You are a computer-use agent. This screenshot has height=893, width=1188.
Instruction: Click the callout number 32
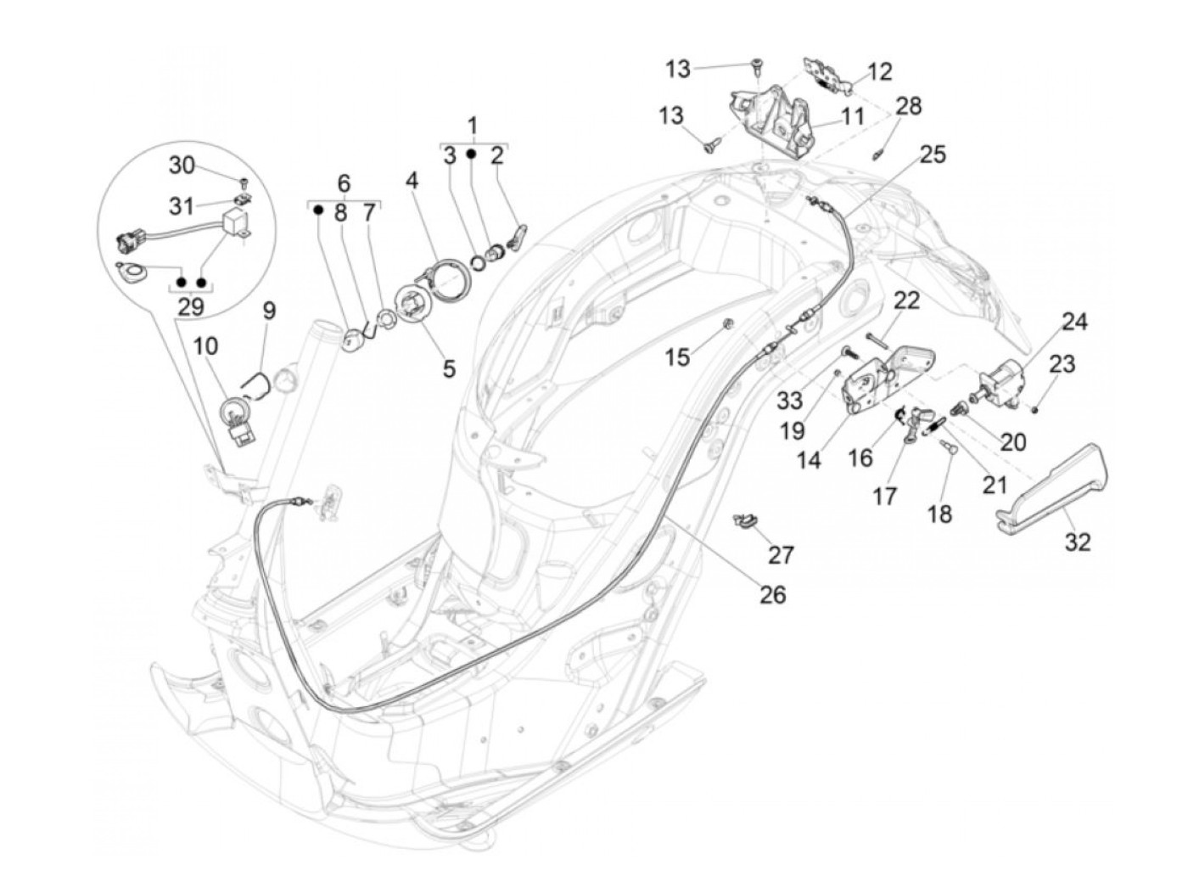click(x=1078, y=541)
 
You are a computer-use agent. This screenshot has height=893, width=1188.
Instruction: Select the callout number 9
click(x=269, y=312)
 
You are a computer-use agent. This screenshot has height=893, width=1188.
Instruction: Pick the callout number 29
click(x=191, y=306)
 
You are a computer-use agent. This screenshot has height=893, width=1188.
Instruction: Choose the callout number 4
click(x=412, y=181)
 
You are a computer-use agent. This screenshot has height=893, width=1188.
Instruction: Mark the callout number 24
click(x=1073, y=321)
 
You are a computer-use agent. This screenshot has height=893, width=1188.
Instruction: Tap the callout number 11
click(x=853, y=115)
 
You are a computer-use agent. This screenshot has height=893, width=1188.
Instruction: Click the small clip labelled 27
click(x=744, y=519)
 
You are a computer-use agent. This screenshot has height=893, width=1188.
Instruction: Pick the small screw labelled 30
click(x=244, y=182)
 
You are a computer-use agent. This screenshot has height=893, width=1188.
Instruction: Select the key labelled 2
click(x=515, y=237)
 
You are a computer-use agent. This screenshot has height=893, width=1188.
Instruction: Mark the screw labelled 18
click(x=949, y=452)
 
